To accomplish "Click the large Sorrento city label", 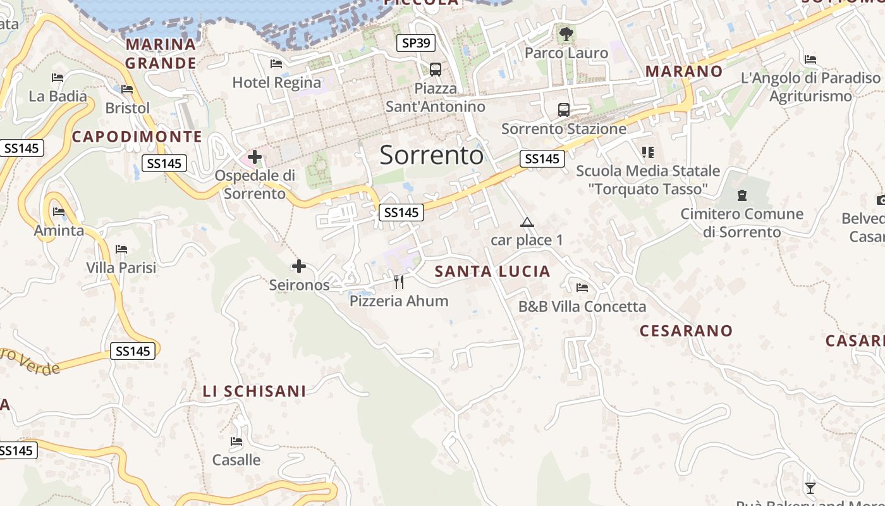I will tap(432, 155).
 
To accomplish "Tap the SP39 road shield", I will tap(416, 43).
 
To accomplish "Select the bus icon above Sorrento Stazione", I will tap(564, 110).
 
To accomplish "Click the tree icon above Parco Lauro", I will tap(566, 34).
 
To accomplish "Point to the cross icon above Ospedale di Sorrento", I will tap(255, 156).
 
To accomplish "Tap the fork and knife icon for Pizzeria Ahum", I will tap(399, 282).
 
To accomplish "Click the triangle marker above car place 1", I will tap(527, 222).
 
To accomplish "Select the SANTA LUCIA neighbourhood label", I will tap(492, 272).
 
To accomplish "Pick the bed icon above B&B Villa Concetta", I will tap(582, 288).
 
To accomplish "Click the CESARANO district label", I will tap(686, 331).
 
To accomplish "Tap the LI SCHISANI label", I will tap(254, 392).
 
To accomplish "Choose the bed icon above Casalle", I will tap(236, 441).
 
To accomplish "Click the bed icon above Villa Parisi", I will tap(121, 249).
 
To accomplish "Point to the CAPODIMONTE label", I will tap(137, 137).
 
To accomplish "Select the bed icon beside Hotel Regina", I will tap(276, 63).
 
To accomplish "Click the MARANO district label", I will tap(684, 71).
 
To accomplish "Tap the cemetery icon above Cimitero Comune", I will tap(742, 195).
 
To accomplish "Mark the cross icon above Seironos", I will tap(299, 266).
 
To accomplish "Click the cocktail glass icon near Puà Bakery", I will tap(810, 488).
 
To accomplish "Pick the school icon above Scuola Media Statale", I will tap(647, 152).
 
